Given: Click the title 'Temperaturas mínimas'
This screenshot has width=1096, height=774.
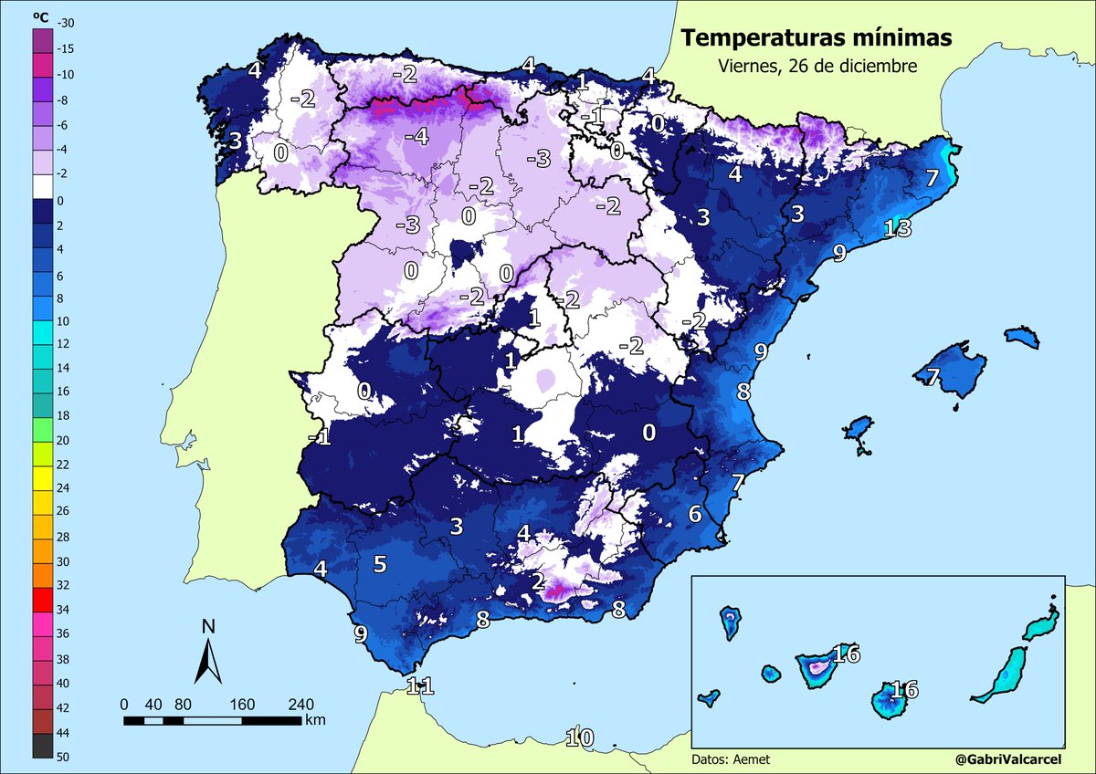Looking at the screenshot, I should [817, 38].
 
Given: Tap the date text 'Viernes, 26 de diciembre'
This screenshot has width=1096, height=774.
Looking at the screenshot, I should [817, 67].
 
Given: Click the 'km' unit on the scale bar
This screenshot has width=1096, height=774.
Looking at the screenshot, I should [316, 720].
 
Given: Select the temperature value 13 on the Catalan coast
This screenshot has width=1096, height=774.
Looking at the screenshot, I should [899, 228].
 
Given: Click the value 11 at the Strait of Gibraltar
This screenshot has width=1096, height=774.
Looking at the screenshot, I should [420, 685].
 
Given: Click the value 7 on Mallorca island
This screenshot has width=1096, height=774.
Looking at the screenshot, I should [932, 377].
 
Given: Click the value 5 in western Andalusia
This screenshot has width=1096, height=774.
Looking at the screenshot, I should [380, 564].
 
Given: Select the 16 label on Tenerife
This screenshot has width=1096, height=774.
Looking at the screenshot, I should [847, 654].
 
